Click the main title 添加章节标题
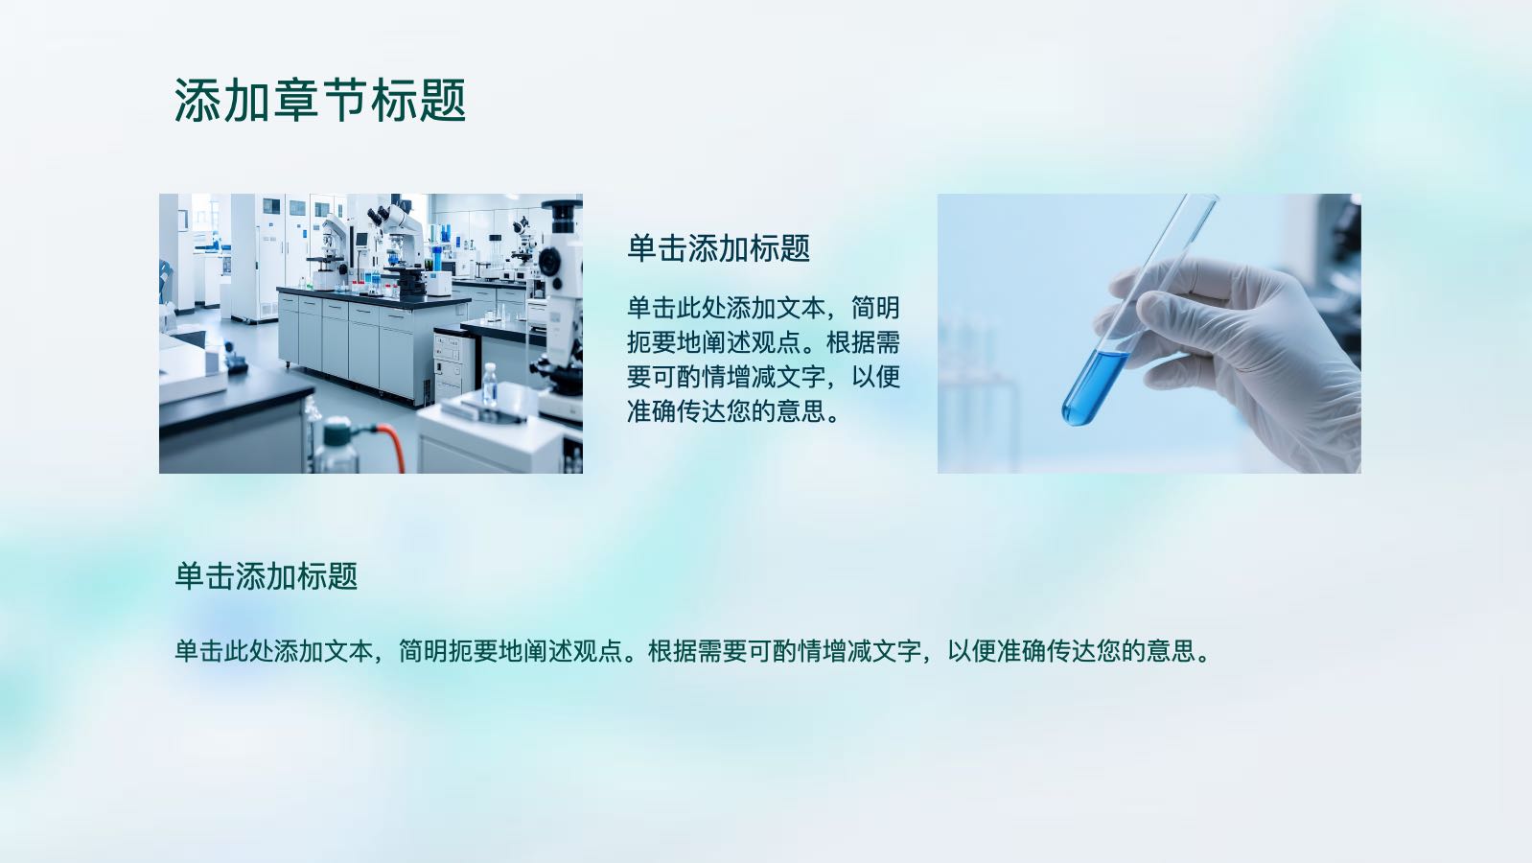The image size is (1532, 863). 320,101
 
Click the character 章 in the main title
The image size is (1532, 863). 295,101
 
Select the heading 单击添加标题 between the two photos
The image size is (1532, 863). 718,248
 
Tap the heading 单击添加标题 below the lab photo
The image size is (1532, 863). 267,576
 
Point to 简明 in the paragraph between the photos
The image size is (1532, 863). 875,309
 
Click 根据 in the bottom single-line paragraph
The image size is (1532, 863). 672,651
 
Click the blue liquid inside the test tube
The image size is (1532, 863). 1093,387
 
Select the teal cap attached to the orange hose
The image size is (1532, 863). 337,432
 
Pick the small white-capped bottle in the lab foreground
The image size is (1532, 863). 490,385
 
